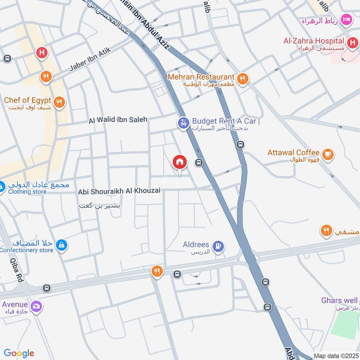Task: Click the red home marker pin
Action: pyautogui.click(x=180, y=162)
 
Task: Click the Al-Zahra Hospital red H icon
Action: pyautogui.click(x=353, y=44)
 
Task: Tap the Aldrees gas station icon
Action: pyautogui.click(x=218, y=247)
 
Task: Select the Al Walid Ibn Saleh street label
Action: pyautogui.click(x=118, y=120)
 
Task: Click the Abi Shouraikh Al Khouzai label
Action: pyautogui.click(x=119, y=191)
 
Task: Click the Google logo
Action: pyautogui.click(x=19, y=353)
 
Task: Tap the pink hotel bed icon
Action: pyautogui.click(x=346, y=19)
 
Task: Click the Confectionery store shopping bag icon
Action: pyautogui.click(x=62, y=245)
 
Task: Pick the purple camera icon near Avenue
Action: pyautogui.click(x=36, y=306)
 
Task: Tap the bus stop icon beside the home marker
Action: pyautogui.click(x=198, y=162)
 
